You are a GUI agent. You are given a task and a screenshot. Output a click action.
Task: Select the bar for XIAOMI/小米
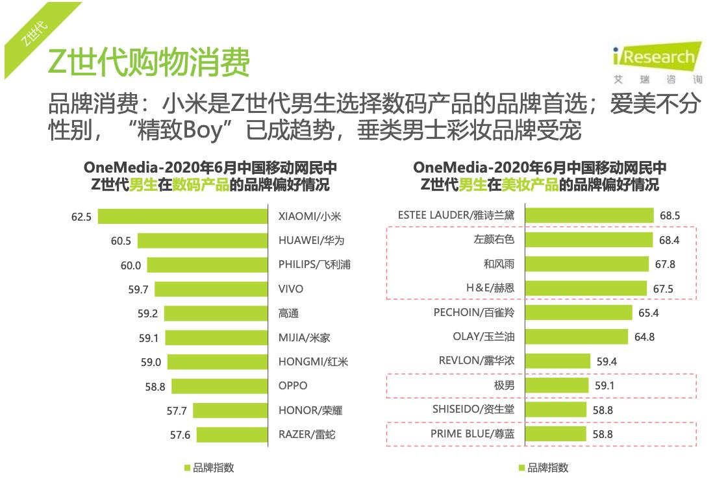click(x=182, y=216)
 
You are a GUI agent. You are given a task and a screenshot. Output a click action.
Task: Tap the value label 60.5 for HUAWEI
click(x=121, y=241)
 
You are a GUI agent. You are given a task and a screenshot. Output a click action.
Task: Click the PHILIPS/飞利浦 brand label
click(x=314, y=265)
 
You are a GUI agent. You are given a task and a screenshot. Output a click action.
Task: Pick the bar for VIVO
click(x=211, y=289)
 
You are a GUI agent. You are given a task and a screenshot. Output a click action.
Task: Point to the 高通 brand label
click(x=288, y=313)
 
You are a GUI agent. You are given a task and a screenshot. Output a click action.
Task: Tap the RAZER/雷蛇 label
click(x=307, y=435)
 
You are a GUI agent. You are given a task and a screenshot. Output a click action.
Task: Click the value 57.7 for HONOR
click(x=177, y=411)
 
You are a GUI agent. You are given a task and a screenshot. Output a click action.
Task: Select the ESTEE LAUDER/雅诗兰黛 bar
click(x=589, y=215)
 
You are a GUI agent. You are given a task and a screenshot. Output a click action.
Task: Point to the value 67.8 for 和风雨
click(x=666, y=265)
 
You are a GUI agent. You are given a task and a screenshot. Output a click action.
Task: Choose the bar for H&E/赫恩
click(x=586, y=288)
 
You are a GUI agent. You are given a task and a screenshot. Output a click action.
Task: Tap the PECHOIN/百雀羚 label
click(x=473, y=313)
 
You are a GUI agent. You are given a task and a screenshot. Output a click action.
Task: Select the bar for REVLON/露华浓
click(x=557, y=361)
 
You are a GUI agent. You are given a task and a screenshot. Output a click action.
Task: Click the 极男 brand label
click(x=504, y=385)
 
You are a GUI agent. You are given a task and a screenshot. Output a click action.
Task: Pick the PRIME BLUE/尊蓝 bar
click(x=555, y=433)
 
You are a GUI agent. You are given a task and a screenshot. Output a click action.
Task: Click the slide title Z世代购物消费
click(x=149, y=63)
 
